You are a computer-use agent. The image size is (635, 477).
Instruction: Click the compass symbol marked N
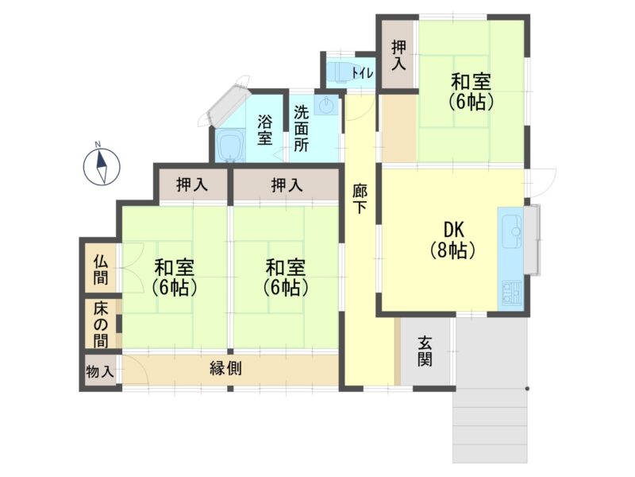[102, 166]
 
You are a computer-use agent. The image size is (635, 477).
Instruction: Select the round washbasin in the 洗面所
[325, 107]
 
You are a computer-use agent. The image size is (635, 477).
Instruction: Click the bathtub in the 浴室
[230, 146]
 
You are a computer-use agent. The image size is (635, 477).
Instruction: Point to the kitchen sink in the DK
[511, 231]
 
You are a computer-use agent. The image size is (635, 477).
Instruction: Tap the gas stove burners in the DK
[512, 293]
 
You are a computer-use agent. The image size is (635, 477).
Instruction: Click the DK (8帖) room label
[452, 240]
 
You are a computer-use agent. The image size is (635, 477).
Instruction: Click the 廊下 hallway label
[360, 199]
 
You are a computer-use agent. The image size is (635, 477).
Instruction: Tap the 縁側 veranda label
[225, 368]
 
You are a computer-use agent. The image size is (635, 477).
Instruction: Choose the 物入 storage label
[100, 371]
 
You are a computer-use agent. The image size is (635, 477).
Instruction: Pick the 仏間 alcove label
[101, 270]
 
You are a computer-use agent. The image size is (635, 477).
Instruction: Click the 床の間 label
[101, 325]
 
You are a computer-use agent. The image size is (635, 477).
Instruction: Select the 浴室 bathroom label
[265, 130]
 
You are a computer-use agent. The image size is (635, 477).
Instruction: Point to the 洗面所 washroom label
[301, 129]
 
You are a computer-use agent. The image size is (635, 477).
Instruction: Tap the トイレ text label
[363, 73]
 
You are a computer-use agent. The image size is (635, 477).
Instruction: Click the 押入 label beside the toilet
[398, 56]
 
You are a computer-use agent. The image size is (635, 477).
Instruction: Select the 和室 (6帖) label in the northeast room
[471, 91]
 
